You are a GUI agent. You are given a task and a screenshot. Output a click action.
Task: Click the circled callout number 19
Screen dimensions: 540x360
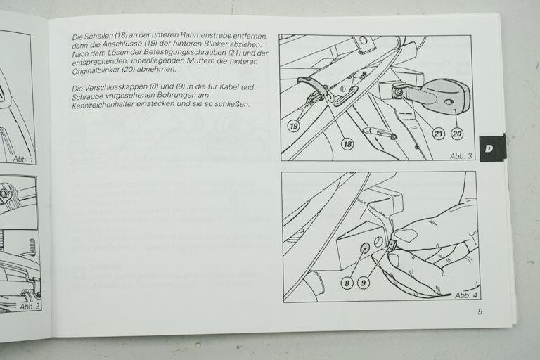pyautogui.click(x=293, y=126)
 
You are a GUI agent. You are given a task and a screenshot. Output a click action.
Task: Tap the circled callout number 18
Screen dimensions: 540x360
pyautogui.click(x=347, y=143)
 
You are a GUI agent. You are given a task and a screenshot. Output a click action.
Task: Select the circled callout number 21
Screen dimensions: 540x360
pyautogui.click(x=439, y=134)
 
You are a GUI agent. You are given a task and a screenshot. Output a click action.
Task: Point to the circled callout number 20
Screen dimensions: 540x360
pyautogui.click(x=457, y=134)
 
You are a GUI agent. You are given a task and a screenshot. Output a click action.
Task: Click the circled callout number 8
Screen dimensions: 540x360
pyautogui.click(x=347, y=283)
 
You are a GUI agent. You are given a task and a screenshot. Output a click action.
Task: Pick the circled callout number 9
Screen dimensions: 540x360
pyautogui.click(x=363, y=283)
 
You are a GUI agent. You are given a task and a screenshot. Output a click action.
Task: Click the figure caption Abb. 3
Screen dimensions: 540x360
pyautogui.click(x=461, y=156)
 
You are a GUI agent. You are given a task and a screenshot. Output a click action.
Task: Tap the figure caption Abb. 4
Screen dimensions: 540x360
pyautogui.click(x=466, y=295)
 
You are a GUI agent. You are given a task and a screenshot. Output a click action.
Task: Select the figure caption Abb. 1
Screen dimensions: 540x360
pyautogui.click(x=23, y=159)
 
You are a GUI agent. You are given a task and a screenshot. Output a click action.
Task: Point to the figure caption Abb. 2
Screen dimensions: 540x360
pyautogui.click(x=30, y=307)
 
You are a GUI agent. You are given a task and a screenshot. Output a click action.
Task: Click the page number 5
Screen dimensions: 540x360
pyautogui.click(x=480, y=311)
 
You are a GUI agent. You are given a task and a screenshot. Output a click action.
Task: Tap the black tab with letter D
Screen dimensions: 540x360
pyautogui.click(x=491, y=148)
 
